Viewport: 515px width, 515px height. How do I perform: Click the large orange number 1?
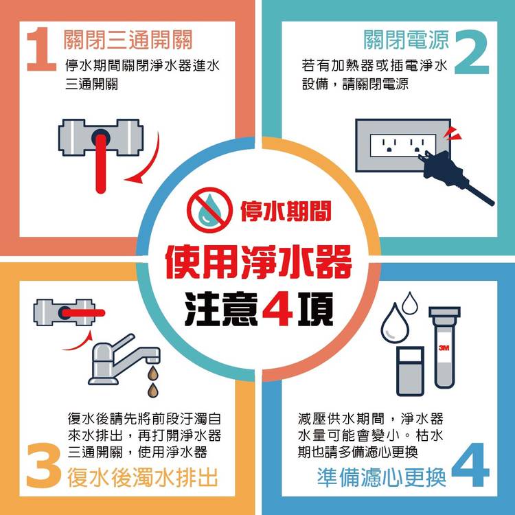(x=42, y=49)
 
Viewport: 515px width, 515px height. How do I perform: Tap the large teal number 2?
(x=472, y=52)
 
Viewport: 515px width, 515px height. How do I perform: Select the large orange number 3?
(x=44, y=465)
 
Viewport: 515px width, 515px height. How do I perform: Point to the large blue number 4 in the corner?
(x=470, y=464)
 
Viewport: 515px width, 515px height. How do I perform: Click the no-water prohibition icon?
(x=209, y=209)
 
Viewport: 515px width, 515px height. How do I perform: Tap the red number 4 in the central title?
(x=277, y=310)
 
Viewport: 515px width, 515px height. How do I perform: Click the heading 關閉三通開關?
(x=128, y=40)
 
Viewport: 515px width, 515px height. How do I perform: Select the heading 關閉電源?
(x=407, y=40)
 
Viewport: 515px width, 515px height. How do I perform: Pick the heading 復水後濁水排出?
(x=143, y=477)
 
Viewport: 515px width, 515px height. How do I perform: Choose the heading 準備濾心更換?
(x=382, y=477)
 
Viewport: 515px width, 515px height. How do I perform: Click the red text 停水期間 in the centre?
(x=286, y=211)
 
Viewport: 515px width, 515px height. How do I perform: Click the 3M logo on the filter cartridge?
(x=444, y=348)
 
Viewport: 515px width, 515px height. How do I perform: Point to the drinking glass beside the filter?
(x=410, y=371)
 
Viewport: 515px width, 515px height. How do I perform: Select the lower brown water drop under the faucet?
(x=152, y=391)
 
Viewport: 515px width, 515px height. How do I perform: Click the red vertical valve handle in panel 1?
(x=100, y=161)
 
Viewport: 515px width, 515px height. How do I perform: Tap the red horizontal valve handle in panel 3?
(x=83, y=313)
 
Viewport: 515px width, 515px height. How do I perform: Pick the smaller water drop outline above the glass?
(x=410, y=303)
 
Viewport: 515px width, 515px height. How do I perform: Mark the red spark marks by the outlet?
(x=452, y=134)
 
